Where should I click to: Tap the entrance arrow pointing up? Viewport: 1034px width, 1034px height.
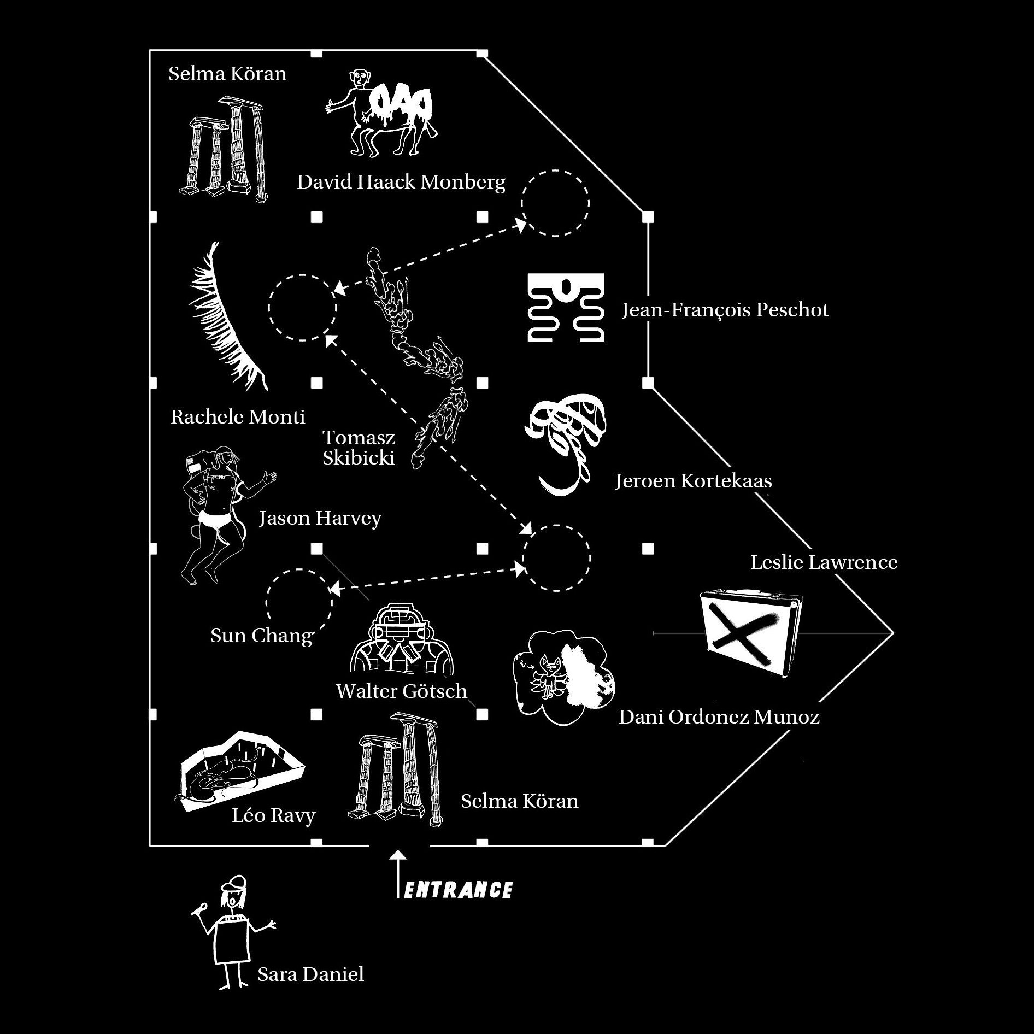[398, 874]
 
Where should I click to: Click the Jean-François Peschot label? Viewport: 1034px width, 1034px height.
[725, 310]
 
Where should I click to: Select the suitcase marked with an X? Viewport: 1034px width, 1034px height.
[751, 634]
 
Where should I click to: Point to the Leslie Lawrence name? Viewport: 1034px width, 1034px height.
[824, 562]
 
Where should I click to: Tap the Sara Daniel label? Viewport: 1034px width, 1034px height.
[310, 974]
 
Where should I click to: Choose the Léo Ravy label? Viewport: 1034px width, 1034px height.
[274, 816]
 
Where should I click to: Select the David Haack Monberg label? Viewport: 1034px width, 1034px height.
[401, 182]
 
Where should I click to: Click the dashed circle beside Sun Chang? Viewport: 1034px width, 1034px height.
[299, 602]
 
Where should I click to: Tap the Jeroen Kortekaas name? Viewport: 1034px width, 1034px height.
[694, 481]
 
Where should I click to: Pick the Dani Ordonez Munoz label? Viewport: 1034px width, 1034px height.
[719, 717]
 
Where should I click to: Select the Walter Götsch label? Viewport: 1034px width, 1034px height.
[402, 691]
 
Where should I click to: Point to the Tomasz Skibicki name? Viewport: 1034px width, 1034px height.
[359, 448]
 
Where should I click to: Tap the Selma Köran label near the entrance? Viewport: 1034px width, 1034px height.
[519, 801]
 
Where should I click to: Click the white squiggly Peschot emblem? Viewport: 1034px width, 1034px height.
[566, 308]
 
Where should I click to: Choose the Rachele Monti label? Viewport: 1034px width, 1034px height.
[238, 417]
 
